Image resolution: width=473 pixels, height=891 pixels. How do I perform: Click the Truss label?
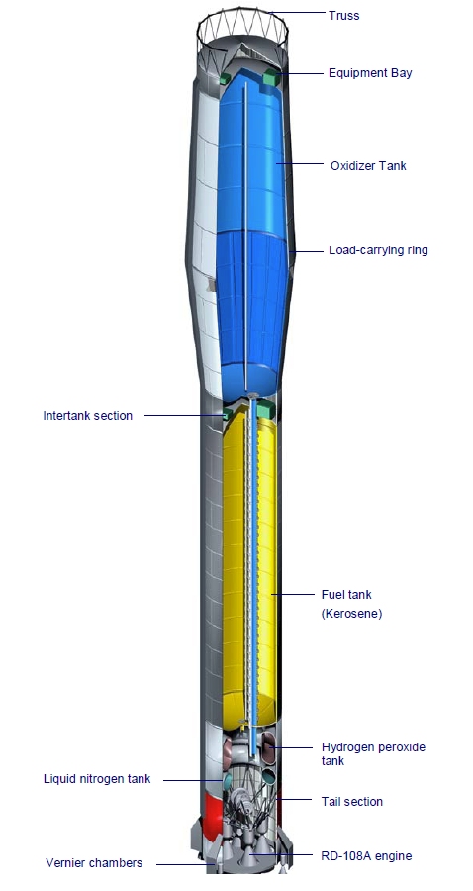344,15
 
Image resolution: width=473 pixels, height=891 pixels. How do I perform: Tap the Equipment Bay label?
370,72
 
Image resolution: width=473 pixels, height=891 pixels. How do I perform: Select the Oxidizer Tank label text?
368,166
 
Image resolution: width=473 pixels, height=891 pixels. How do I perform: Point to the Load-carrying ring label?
378,250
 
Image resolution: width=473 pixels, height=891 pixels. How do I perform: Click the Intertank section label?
88,416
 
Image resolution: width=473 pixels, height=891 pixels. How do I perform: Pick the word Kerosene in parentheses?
351,614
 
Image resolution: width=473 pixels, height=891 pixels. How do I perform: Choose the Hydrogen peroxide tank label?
373,754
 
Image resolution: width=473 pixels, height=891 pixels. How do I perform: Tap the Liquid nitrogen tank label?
97,778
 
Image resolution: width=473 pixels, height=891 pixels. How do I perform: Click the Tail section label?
352,801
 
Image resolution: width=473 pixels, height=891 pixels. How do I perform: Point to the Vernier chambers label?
94,862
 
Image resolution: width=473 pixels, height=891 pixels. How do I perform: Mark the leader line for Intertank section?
184,415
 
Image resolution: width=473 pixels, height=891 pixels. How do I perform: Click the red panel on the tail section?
214,814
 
